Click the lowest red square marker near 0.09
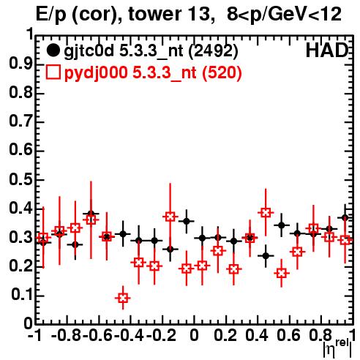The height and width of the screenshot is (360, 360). click(x=123, y=298)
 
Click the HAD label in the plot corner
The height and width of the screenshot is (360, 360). click(x=327, y=50)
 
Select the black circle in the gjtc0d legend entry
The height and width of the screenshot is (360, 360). click(x=53, y=50)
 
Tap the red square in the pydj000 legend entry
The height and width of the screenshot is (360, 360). click(x=53, y=72)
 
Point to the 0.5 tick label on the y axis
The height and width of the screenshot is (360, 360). click(x=20, y=180)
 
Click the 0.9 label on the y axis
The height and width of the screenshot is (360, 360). click(x=20, y=64)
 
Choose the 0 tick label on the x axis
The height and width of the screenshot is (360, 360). click(x=194, y=335)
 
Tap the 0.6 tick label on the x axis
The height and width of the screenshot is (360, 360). click(x=288, y=335)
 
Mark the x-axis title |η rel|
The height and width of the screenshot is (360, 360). click(x=337, y=349)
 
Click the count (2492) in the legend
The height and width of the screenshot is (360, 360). click(x=213, y=50)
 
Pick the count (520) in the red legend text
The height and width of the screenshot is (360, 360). click(x=222, y=72)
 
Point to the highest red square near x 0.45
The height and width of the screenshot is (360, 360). click(x=266, y=213)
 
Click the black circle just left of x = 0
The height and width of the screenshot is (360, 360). click(x=187, y=222)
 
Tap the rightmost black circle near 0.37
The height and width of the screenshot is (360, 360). click(x=345, y=218)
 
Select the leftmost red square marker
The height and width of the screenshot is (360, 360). click(x=43, y=238)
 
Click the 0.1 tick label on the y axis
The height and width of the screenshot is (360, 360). click(x=22, y=295)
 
